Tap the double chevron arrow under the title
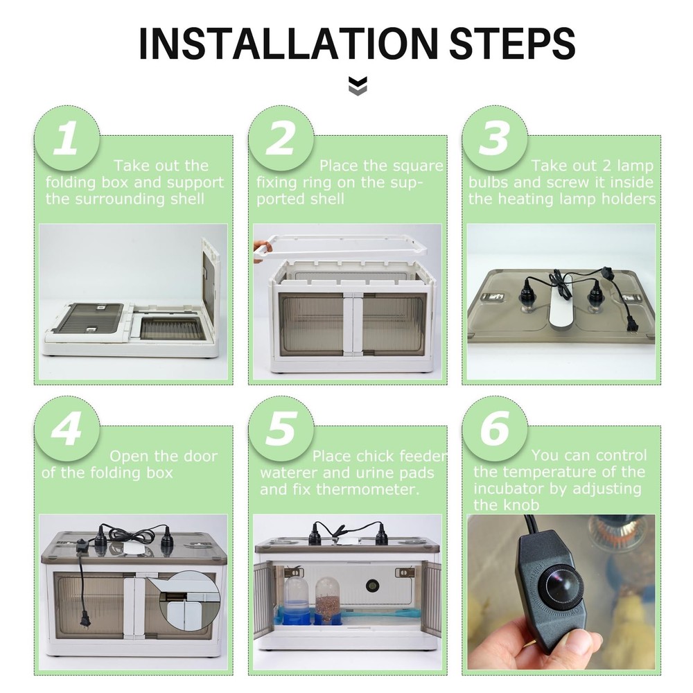point(358,87)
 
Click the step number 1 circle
point(67,139)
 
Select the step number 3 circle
point(494,139)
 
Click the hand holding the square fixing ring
point(260,249)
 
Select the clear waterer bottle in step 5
point(296,599)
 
